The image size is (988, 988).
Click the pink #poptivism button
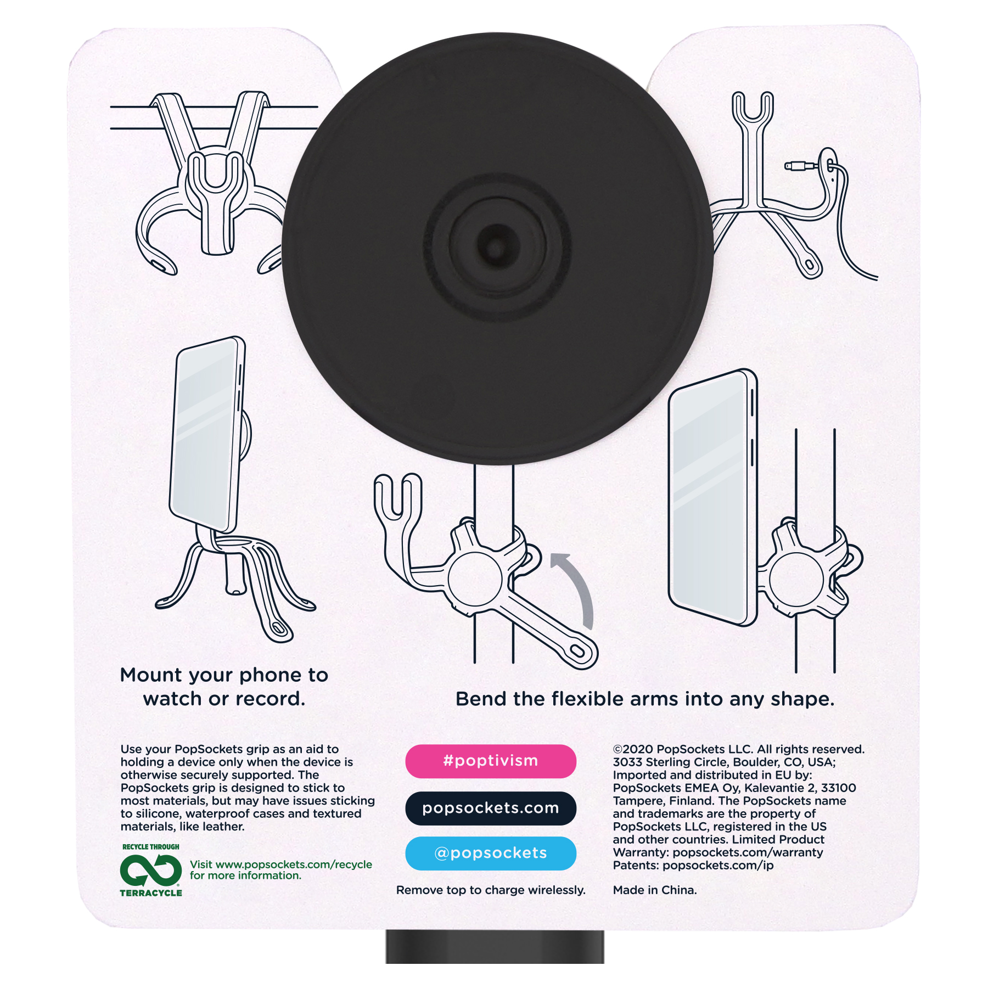coord(490,761)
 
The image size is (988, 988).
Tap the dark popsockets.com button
coord(490,808)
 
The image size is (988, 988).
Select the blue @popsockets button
coord(490,853)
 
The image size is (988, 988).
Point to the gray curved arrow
coord(576,587)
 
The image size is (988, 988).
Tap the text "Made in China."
coord(654,890)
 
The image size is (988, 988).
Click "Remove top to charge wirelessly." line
coord(490,890)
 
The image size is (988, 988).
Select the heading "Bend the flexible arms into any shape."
coord(645,699)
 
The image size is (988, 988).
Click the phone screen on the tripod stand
coord(204,434)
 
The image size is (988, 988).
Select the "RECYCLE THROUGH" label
coord(150,847)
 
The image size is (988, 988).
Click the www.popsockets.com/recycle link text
coord(294,864)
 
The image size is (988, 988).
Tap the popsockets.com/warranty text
coord(748,852)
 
